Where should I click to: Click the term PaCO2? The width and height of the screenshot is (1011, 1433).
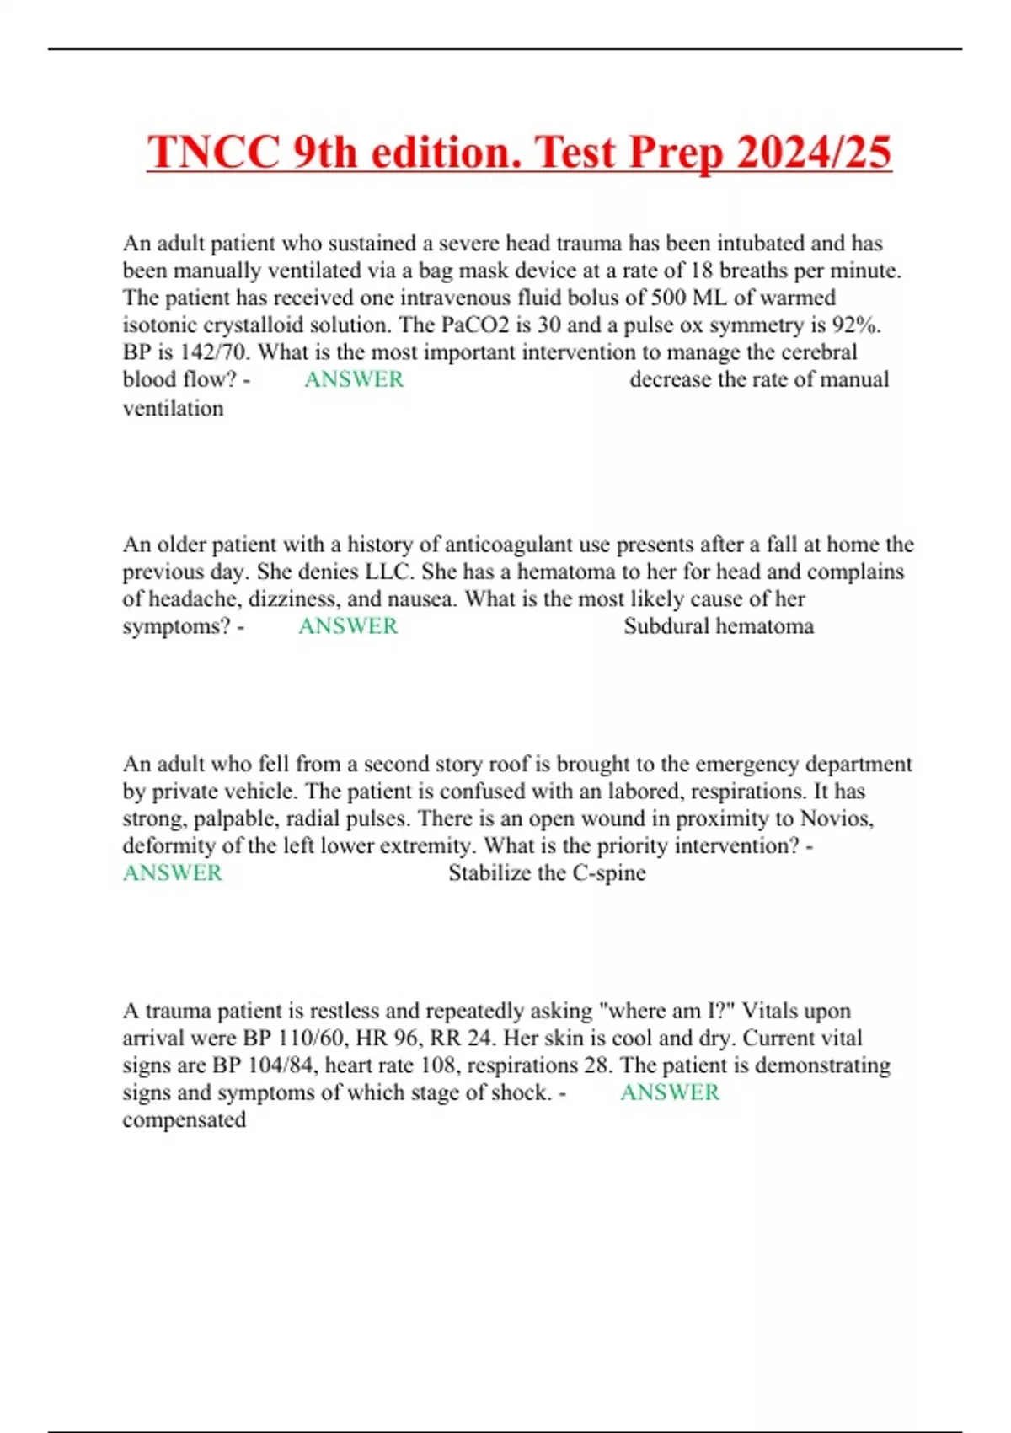click(475, 325)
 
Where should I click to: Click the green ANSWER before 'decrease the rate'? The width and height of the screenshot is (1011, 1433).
click(354, 379)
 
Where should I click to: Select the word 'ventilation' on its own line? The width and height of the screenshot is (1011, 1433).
click(173, 408)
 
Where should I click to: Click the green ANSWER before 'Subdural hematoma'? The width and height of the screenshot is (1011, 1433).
click(348, 626)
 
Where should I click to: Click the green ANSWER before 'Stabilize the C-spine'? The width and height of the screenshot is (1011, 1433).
click(173, 873)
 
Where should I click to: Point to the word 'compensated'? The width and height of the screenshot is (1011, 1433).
click(184, 1120)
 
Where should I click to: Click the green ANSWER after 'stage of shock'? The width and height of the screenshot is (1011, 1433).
click(670, 1092)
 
